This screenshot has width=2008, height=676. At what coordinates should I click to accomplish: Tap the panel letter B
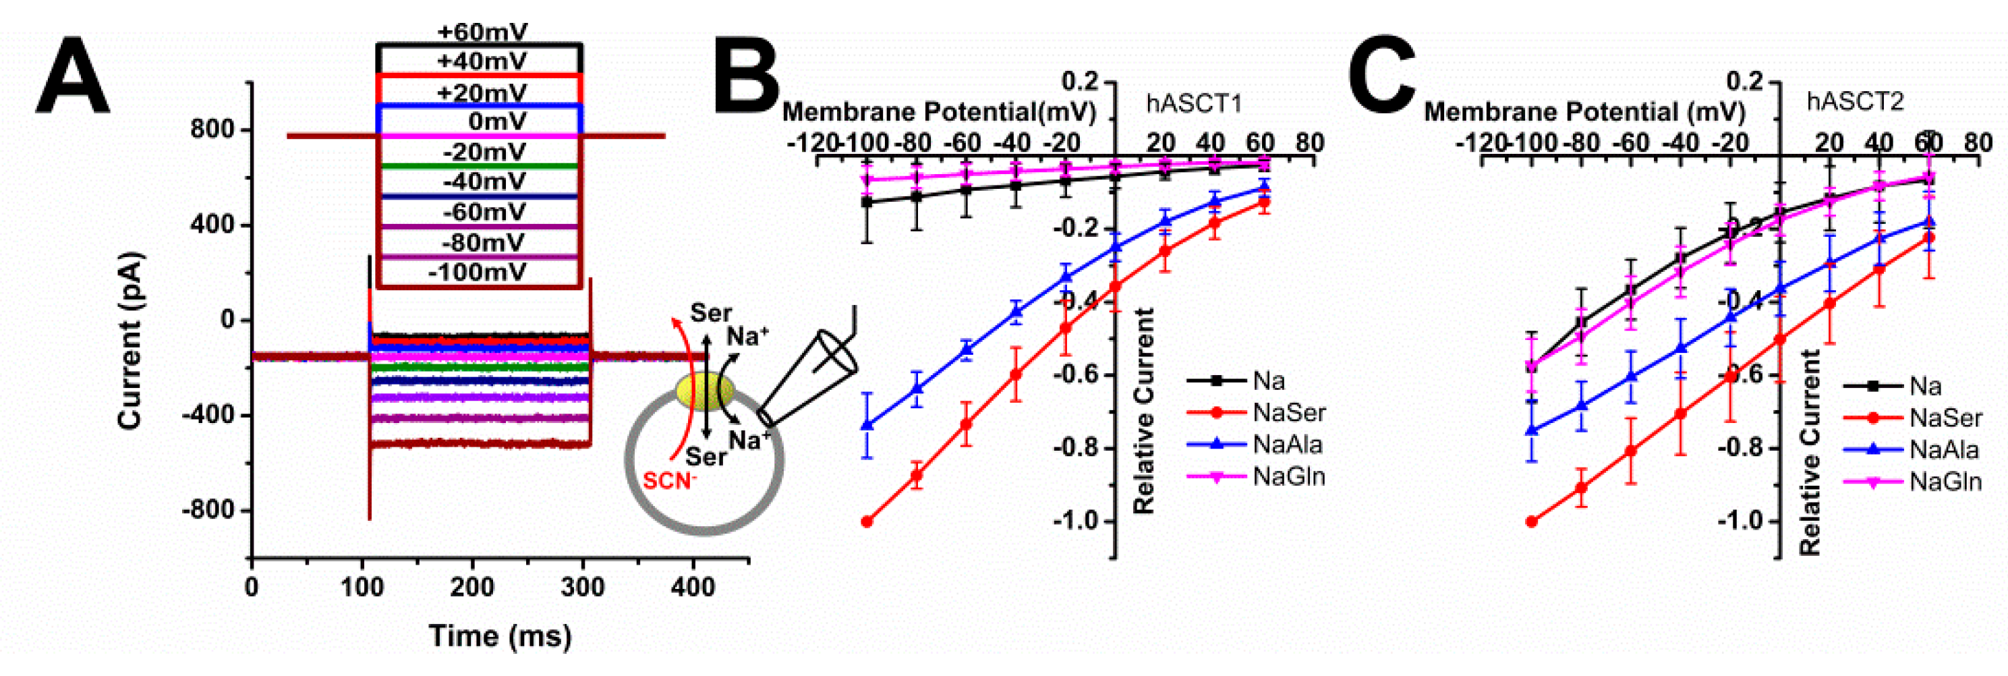[x=746, y=76]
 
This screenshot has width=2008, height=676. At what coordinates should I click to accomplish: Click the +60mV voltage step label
[x=482, y=32]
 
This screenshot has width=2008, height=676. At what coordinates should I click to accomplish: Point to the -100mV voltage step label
[x=477, y=272]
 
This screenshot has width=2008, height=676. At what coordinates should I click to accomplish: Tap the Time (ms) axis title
[x=500, y=636]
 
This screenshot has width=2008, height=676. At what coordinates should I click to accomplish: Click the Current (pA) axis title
[x=130, y=341]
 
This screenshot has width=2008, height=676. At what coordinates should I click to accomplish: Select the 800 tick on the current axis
[x=212, y=130]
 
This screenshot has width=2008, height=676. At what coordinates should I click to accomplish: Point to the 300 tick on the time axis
[x=582, y=586]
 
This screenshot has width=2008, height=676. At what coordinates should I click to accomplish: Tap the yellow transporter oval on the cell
[x=704, y=391]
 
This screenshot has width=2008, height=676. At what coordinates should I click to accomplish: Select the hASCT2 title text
[x=1855, y=101]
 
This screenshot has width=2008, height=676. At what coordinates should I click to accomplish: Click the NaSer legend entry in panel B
[x=1288, y=412]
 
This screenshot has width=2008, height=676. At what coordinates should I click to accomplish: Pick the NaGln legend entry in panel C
[x=1945, y=482]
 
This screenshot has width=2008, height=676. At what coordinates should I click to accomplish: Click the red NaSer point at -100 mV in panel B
[x=866, y=522]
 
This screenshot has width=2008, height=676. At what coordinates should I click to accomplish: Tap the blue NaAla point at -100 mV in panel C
[x=1532, y=430]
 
